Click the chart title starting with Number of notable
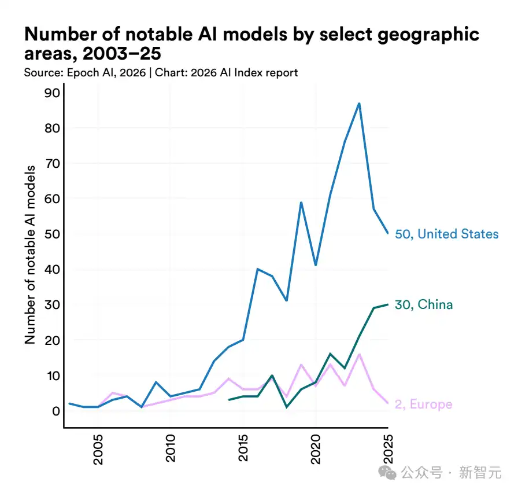pyautogui.click(x=251, y=44)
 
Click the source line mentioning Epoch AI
pyautogui.click(x=161, y=72)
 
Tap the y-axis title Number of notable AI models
pyautogui.click(x=30, y=254)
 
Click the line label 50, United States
pyautogui.click(x=446, y=234)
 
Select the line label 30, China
pyautogui.click(x=424, y=305)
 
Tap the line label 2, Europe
pyautogui.click(x=423, y=404)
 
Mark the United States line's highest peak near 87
pyautogui.click(x=359, y=104)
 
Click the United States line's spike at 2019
pyautogui.click(x=301, y=203)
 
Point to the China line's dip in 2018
pyautogui.click(x=287, y=407)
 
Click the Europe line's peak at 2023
pyautogui.click(x=359, y=354)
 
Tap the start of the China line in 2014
pyautogui.click(x=229, y=400)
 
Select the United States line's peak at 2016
pyautogui.click(x=258, y=269)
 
